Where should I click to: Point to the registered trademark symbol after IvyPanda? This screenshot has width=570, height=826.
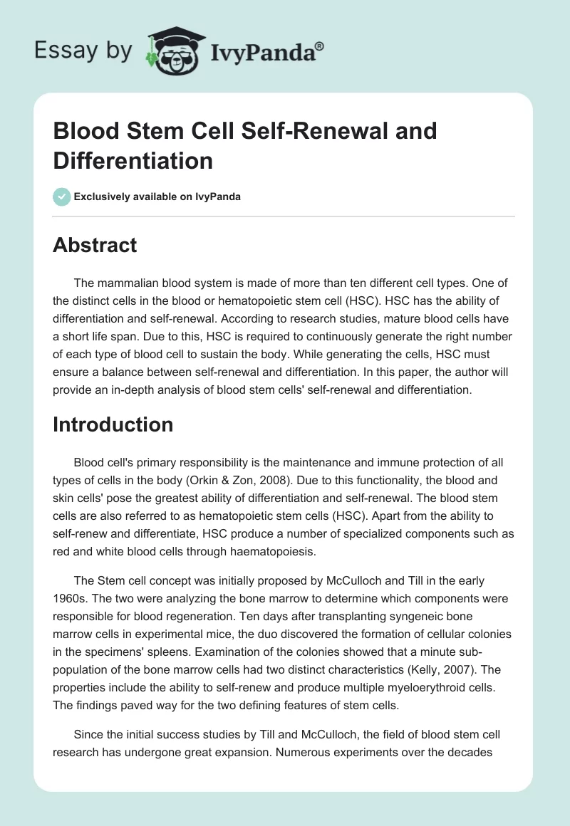coord(320,45)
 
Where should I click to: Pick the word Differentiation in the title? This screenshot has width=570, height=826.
coord(133,160)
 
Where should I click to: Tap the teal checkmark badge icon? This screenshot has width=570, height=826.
coord(62,197)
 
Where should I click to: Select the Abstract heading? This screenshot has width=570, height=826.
coord(95,245)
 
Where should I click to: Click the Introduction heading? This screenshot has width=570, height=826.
coord(113,424)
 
